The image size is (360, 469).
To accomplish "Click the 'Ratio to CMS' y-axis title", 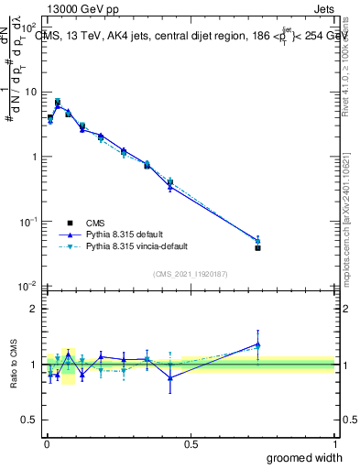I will click(x=12, y=365).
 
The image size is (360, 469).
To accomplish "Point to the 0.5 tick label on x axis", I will click(x=191, y=444).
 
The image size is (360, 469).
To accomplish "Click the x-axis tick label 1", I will click(x=333, y=444).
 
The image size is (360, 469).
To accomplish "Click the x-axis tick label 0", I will click(x=47, y=444).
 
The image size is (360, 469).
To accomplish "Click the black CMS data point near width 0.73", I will click(x=257, y=247).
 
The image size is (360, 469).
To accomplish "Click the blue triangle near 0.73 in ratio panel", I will click(x=257, y=344).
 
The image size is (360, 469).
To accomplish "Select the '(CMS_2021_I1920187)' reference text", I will click(x=190, y=273).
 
